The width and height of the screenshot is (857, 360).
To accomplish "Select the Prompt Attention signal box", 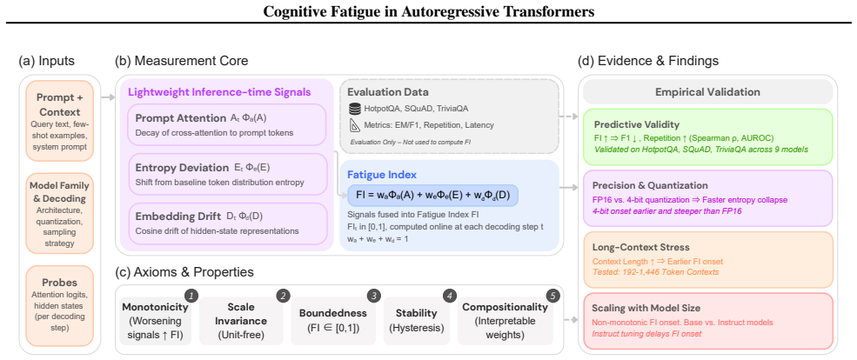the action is point(226,125).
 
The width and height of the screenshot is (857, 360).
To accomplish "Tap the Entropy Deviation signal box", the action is point(226,175).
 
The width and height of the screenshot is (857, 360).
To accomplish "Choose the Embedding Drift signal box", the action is point(226,223).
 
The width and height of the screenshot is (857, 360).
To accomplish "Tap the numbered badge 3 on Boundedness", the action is point(373,296).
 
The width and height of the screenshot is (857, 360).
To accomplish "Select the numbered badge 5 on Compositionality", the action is point(553,296).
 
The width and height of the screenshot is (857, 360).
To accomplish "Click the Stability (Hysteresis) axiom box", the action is point(417,321).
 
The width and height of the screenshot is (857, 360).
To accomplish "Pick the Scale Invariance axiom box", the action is point(241,321).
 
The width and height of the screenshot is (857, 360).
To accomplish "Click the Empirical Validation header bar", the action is point(708,92).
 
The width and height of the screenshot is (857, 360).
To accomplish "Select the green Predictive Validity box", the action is point(708,137).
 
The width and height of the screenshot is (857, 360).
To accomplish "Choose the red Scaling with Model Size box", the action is point(708,320).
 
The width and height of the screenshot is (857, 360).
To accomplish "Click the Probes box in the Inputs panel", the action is point(59,305).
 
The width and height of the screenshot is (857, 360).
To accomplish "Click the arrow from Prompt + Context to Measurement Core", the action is point(108,97).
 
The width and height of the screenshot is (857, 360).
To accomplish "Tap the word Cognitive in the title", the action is point(295,11).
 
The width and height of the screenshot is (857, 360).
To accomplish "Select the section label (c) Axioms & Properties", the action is point(184,271).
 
